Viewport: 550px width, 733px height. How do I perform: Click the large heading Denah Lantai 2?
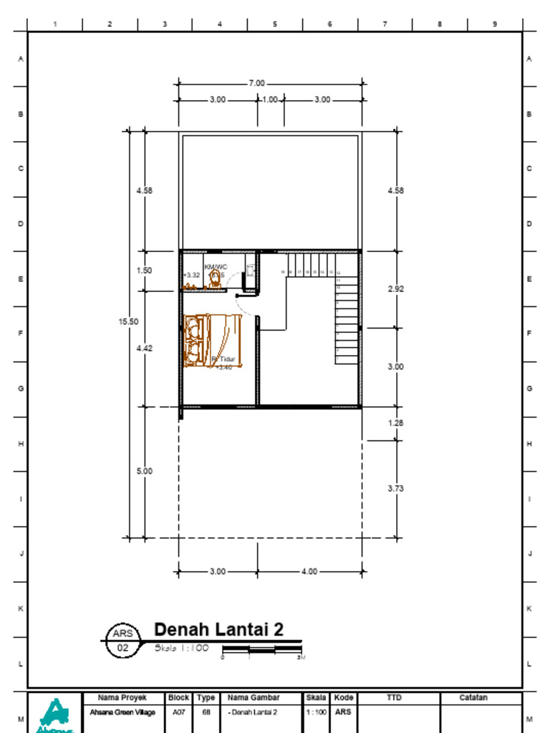(x=218, y=629)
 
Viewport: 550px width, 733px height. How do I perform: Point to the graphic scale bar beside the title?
(x=262, y=650)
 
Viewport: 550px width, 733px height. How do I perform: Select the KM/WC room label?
(x=216, y=267)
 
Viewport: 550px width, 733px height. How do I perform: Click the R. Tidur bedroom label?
(x=223, y=359)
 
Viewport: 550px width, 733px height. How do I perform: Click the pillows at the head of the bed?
(x=193, y=341)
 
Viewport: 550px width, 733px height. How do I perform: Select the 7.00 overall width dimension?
(x=256, y=83)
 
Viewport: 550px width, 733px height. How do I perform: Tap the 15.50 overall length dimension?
(x=128, y=322)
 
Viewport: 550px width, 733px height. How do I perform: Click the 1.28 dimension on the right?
(x=395, y=423)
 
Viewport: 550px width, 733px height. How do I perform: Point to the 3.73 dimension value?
(x=395, y=489)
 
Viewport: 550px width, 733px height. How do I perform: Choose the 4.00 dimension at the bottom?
(x=309, y=572)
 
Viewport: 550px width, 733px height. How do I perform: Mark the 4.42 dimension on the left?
(x=145, y=348)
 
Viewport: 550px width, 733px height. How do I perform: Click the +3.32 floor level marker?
(x=191, y=275)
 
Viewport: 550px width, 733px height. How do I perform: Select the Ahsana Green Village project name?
(x=122, y=712)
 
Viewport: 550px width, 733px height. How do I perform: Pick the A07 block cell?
(x=178, y=712)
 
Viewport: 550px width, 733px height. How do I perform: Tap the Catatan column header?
(x=473, y=697)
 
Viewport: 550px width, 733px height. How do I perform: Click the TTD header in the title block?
(x=394, y=697)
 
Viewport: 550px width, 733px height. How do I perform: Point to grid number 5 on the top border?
(x=275, y=24)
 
